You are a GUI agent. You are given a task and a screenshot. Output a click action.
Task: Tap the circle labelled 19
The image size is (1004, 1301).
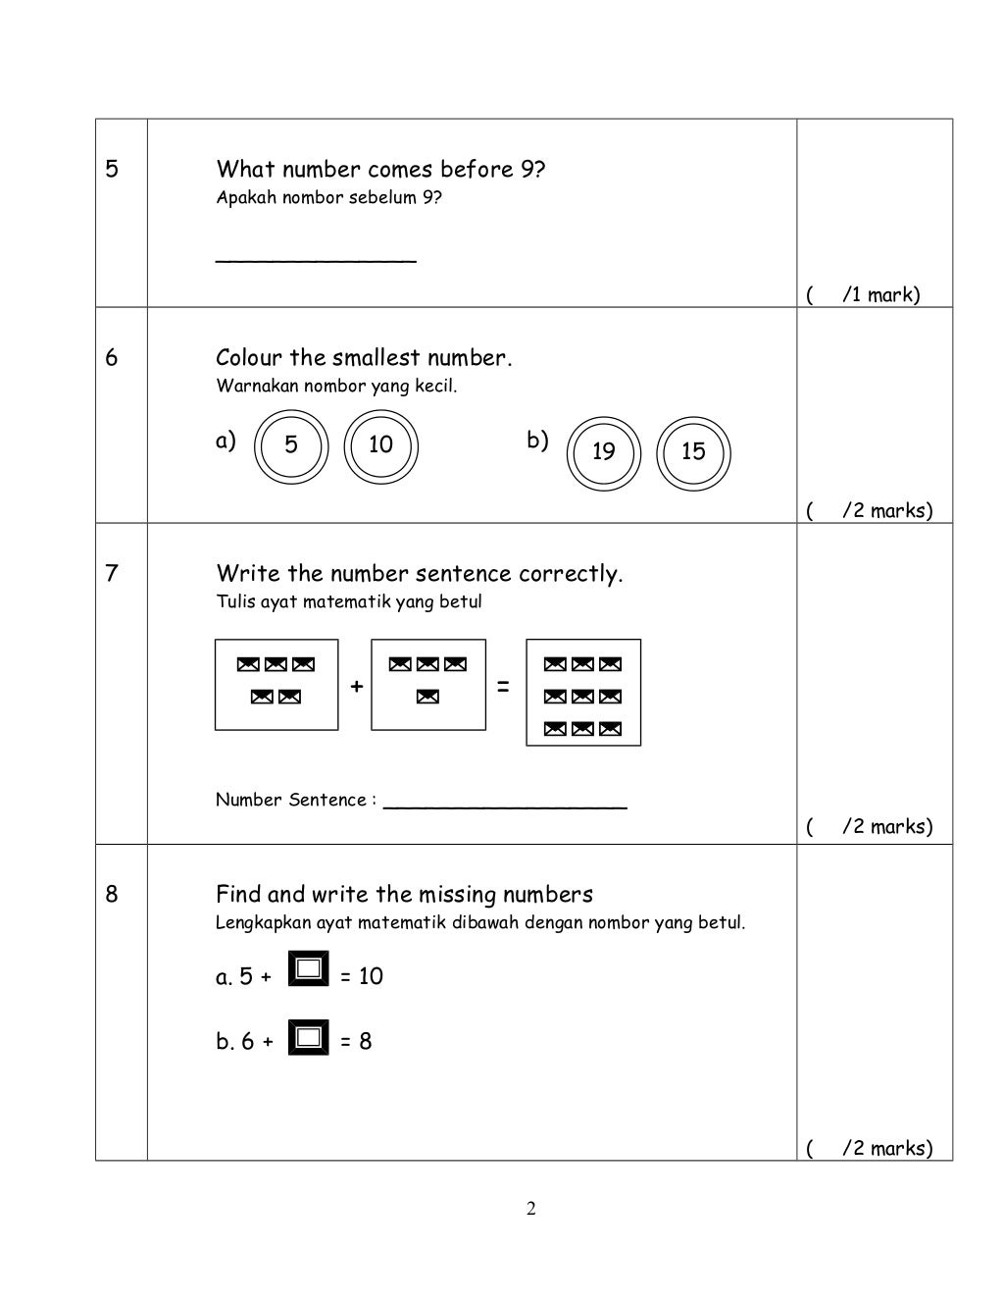(604, 452)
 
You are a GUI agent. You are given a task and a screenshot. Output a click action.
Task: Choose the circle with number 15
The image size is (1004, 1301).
(693, 452)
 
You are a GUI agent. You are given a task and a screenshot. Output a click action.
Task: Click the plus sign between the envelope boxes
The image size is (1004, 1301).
(356, 687)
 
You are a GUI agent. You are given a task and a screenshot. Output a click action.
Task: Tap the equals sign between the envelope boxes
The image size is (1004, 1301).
(503, 688)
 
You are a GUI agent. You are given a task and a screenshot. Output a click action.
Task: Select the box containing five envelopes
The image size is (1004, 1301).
(276, 685)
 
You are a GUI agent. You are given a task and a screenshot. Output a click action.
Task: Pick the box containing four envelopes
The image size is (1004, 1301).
(427, 685)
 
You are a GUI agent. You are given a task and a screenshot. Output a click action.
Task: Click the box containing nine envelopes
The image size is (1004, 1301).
(583, 693)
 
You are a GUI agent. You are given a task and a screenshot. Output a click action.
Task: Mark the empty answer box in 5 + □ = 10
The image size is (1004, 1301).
(309, 970)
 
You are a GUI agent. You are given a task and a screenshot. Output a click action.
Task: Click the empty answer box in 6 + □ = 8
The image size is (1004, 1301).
(309, 1037)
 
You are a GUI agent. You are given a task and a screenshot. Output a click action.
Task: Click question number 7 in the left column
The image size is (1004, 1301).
(112, 573)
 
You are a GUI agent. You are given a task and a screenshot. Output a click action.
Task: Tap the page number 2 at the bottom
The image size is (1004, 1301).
(530, 1209)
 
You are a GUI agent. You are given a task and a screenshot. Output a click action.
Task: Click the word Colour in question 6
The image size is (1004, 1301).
(249, 358)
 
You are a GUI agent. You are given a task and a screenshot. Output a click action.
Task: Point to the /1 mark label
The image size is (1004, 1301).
(880, 294)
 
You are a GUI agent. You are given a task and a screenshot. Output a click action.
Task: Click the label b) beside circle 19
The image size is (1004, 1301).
(537, 441)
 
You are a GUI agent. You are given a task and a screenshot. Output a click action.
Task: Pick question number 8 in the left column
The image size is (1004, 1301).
(112, 894)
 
